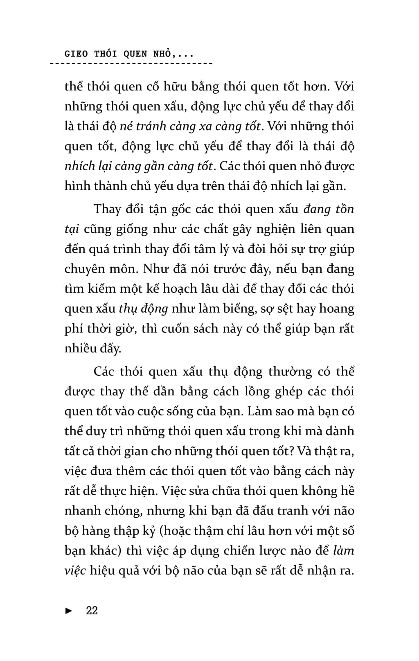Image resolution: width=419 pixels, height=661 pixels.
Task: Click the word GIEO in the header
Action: (x=76, y=54)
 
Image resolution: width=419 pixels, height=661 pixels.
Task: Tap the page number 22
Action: (x=92, y=610)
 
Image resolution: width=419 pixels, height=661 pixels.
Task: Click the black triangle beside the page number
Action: (x=69, y=611)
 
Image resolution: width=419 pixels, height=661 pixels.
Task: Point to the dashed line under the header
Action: (x=131, y=64)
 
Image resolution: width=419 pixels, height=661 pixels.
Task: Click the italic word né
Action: (x=126, y=126)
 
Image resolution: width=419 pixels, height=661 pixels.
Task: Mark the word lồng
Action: (x=257, y=392)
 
